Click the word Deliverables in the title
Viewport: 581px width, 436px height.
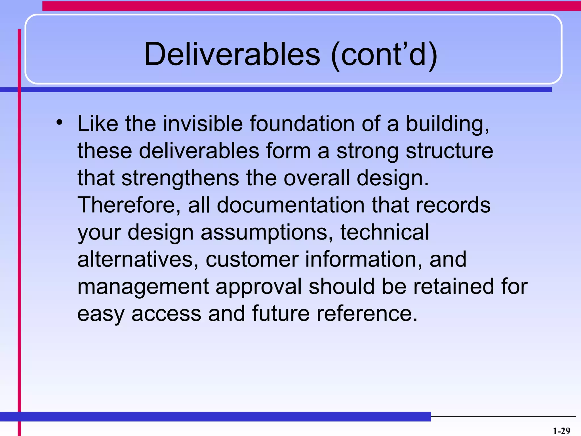coord(232,54)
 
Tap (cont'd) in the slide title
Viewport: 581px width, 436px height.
coord(384,54)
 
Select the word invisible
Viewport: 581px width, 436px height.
coord(203,124)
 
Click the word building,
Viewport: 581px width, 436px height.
coord(448,124)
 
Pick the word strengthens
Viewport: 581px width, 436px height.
coord(180,178)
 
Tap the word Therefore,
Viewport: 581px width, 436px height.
coord(129,205)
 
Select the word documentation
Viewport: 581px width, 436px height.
coord(291,205)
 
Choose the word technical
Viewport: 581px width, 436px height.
coord(384,232)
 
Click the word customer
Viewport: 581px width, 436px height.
coord(252,259)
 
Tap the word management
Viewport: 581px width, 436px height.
coord(143,287)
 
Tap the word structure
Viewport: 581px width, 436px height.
coord(449,151)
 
